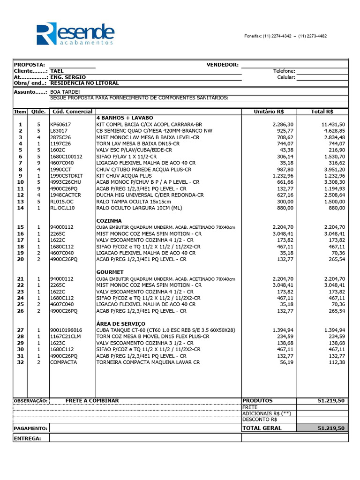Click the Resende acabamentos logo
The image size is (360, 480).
click(x=75, y=34)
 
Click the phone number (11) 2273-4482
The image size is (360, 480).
click(x=313, y=36)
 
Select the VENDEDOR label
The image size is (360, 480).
click(x=222, y=65)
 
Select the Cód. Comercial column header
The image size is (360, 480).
click(x=72, y=112)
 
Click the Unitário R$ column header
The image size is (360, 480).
click(x=269, y=112)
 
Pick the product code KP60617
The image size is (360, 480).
click(x=60, y=124)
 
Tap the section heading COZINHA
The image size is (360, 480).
click(x=109, y=220)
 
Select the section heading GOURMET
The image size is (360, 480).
click(x=110, y=272)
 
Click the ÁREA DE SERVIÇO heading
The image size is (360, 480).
click(x=121, y=323)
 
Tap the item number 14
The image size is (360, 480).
click(x=20, y=208)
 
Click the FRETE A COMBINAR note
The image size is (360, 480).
click(x=92, y=401)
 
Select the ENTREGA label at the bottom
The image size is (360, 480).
click(x=28, y=438)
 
